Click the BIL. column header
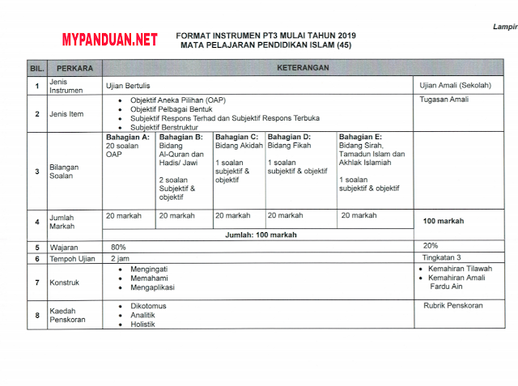[36, 69]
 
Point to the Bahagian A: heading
[128, 137]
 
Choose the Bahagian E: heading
[360, 137]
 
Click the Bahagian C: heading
[237, 137]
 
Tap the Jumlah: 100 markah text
[261, 235]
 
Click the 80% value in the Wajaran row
[118, 246]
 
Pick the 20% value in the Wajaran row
[431, 245]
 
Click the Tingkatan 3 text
[441, 257]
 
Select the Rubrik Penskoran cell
[453, 306]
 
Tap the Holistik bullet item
[142, 324]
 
